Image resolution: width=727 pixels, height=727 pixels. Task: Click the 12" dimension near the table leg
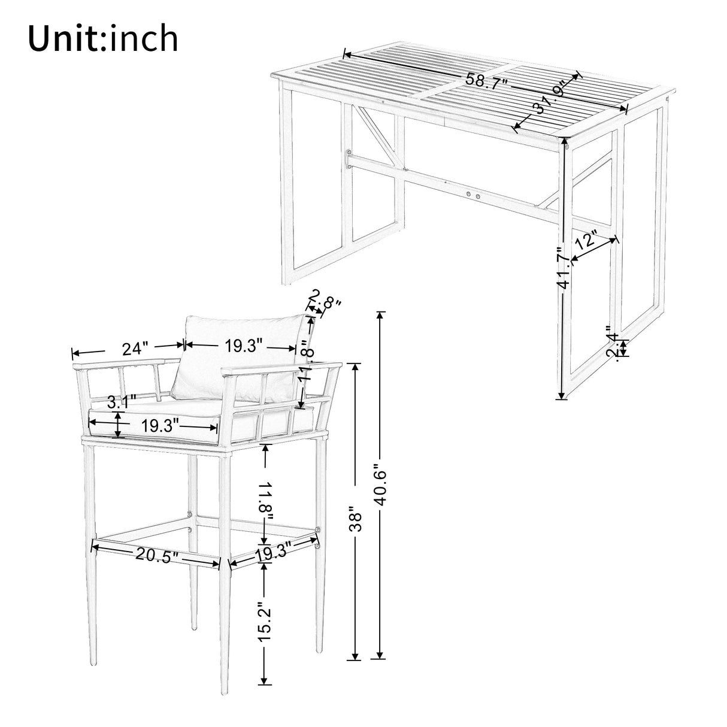pos(586,241)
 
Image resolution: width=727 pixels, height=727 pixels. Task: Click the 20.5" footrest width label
pos(157,555)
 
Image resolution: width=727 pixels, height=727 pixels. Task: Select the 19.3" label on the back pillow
pos(244,346)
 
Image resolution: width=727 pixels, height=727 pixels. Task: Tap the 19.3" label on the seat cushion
pos(160,426)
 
